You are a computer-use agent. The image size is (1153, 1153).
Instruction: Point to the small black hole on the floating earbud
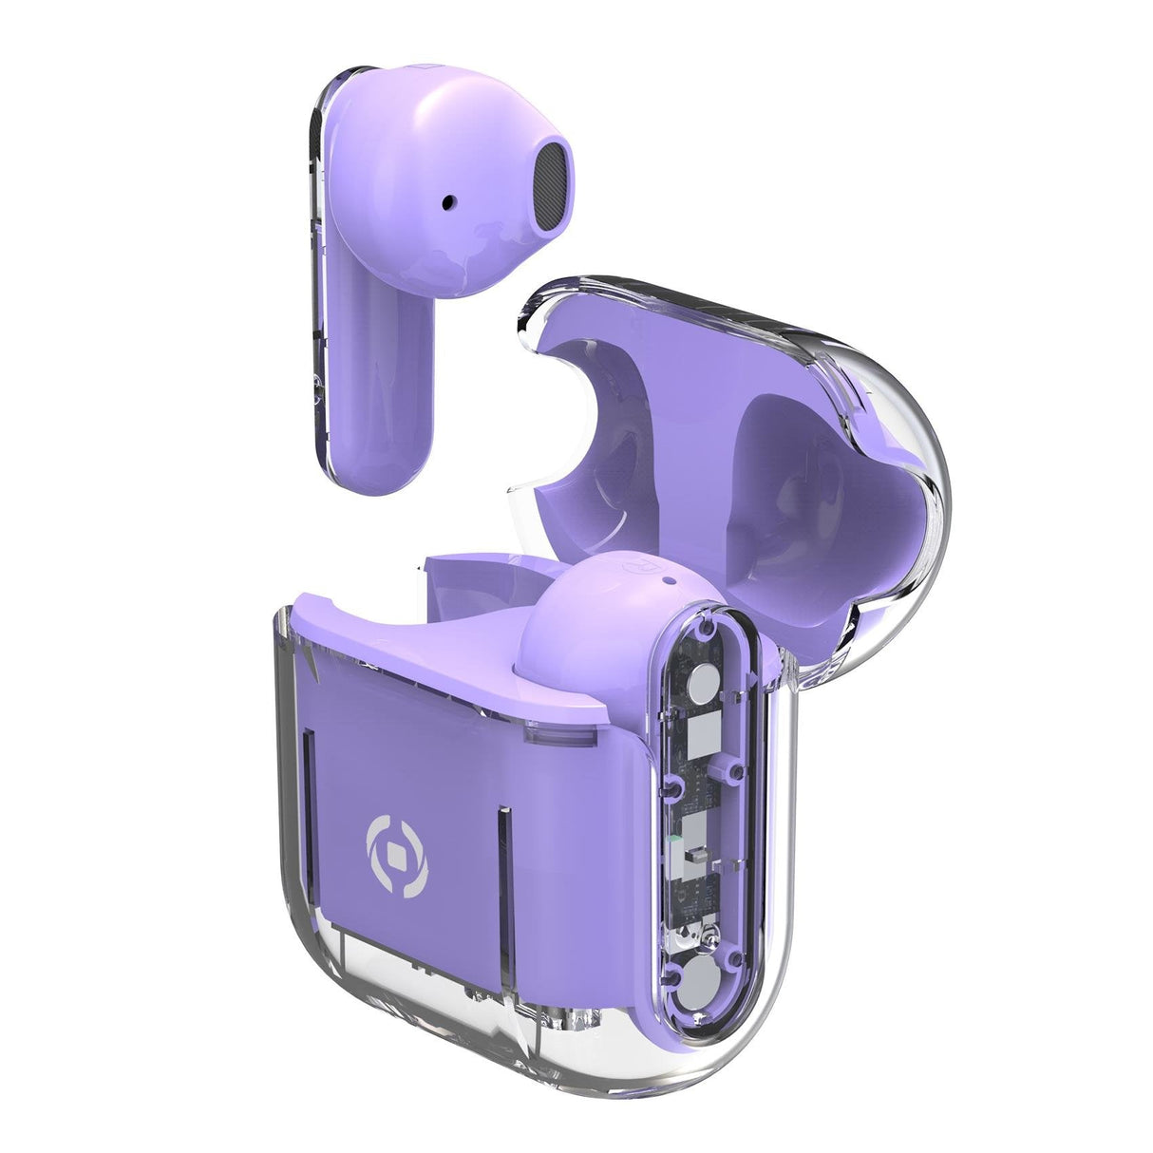click(x=449, y=201)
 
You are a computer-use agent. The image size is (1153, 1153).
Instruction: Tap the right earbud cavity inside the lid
click(x=817, y=475)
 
